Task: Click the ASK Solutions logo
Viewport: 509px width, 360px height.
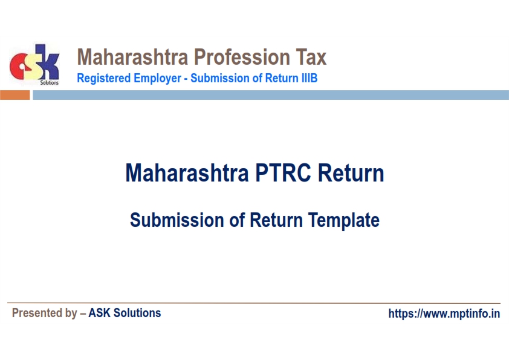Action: click(x=34, y=64)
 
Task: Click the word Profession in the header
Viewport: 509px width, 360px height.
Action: click(x=242, y=57)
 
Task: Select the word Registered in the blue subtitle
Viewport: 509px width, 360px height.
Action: click(x=104, y=78)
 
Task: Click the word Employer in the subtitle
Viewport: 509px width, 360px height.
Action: click(x=157, y=79)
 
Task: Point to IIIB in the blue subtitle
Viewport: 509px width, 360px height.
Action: click(x=310, y=78)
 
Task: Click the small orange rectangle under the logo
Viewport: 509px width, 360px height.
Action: click(x=15, y=95)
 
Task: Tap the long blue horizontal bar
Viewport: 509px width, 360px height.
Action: click(x=271, y=95)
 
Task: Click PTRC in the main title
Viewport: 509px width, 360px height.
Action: click(x=283, y=173)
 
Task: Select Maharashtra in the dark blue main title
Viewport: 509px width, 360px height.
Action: click(x=187, y=173)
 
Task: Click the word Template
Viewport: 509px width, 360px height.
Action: click(x=344, y=221)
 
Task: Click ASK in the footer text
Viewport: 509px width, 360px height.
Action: click(x=99, y=313)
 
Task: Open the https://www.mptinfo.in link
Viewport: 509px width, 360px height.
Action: click(x=444, y=313)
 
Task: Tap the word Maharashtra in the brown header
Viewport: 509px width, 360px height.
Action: click(x=132, y=57)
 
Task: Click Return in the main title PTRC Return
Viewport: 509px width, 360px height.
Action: click(x=351, y=173)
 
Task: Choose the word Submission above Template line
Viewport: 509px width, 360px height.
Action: click(x=177, y=220)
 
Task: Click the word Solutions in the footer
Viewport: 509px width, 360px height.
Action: click(x=137, y=313)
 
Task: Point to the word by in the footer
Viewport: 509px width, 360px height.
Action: click(x=71, y=313)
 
